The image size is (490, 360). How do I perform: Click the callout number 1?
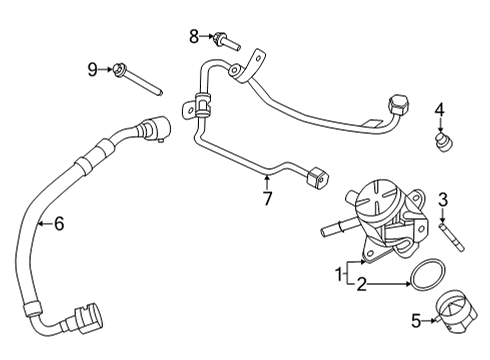point(339,273)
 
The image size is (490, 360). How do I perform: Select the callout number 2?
point(361,284)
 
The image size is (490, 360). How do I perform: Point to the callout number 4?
point(438,109)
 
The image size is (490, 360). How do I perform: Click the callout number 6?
point(58,225)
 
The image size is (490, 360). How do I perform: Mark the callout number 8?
point(194,37)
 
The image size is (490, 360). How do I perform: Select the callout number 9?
point(92,69)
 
